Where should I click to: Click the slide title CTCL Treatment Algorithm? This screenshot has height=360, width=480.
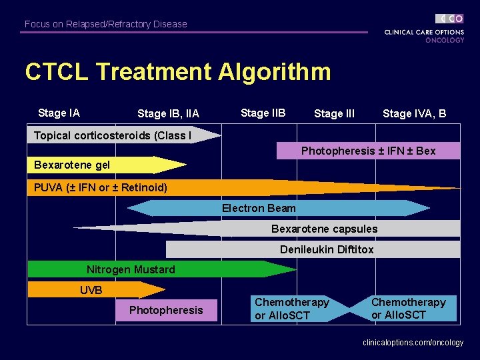(177, 72)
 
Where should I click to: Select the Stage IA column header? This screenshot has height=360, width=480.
(59, 113)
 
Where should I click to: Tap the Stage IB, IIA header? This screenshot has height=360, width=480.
(168, 114)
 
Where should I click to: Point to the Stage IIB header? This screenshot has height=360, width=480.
(263, 113)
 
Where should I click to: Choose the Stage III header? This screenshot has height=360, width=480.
(334, 114)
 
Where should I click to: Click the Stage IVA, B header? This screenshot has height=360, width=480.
(414, 114)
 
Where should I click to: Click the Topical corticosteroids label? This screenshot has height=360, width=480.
(113, 136)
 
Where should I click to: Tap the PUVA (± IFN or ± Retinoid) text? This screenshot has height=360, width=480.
(101, 187)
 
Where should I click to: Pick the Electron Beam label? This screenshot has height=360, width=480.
(259, 208)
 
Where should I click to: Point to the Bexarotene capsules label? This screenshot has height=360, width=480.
(324, 229)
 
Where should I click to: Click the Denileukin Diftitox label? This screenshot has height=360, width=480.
(327, 249)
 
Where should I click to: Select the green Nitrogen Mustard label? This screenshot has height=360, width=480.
(131, 269)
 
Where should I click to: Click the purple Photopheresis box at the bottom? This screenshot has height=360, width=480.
(166, 310)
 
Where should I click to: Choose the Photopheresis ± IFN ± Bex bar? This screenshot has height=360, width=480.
(368, 151)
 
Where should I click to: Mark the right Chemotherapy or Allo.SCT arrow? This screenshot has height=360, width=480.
(409, 309)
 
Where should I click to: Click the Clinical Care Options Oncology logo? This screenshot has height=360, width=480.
(424, 29)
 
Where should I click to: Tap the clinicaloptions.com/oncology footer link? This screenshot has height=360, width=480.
(413, 343)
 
